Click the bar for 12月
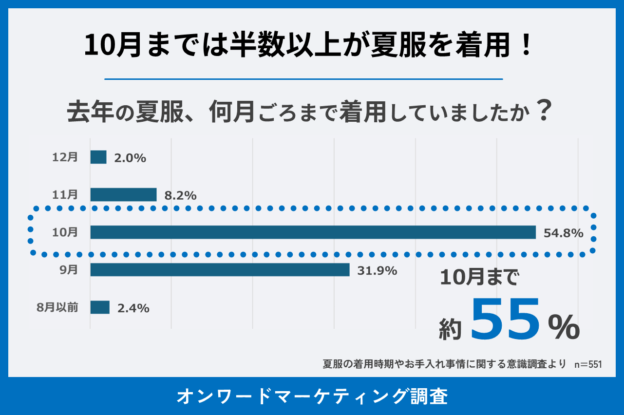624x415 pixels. point(98,157)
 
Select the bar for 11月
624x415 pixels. point(123,194)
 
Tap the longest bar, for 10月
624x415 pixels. point(313,232)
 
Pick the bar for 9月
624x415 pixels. point(220,270)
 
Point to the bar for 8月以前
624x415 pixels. point(100,307)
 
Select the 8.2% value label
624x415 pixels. point(180,196)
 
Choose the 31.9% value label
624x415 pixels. point(377,271)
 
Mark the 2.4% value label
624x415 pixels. point(133,308)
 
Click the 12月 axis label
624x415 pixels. point(65,157)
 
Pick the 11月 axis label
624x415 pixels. point(65,195)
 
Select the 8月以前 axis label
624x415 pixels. point(57,307)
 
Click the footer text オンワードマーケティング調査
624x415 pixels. point(312,396)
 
